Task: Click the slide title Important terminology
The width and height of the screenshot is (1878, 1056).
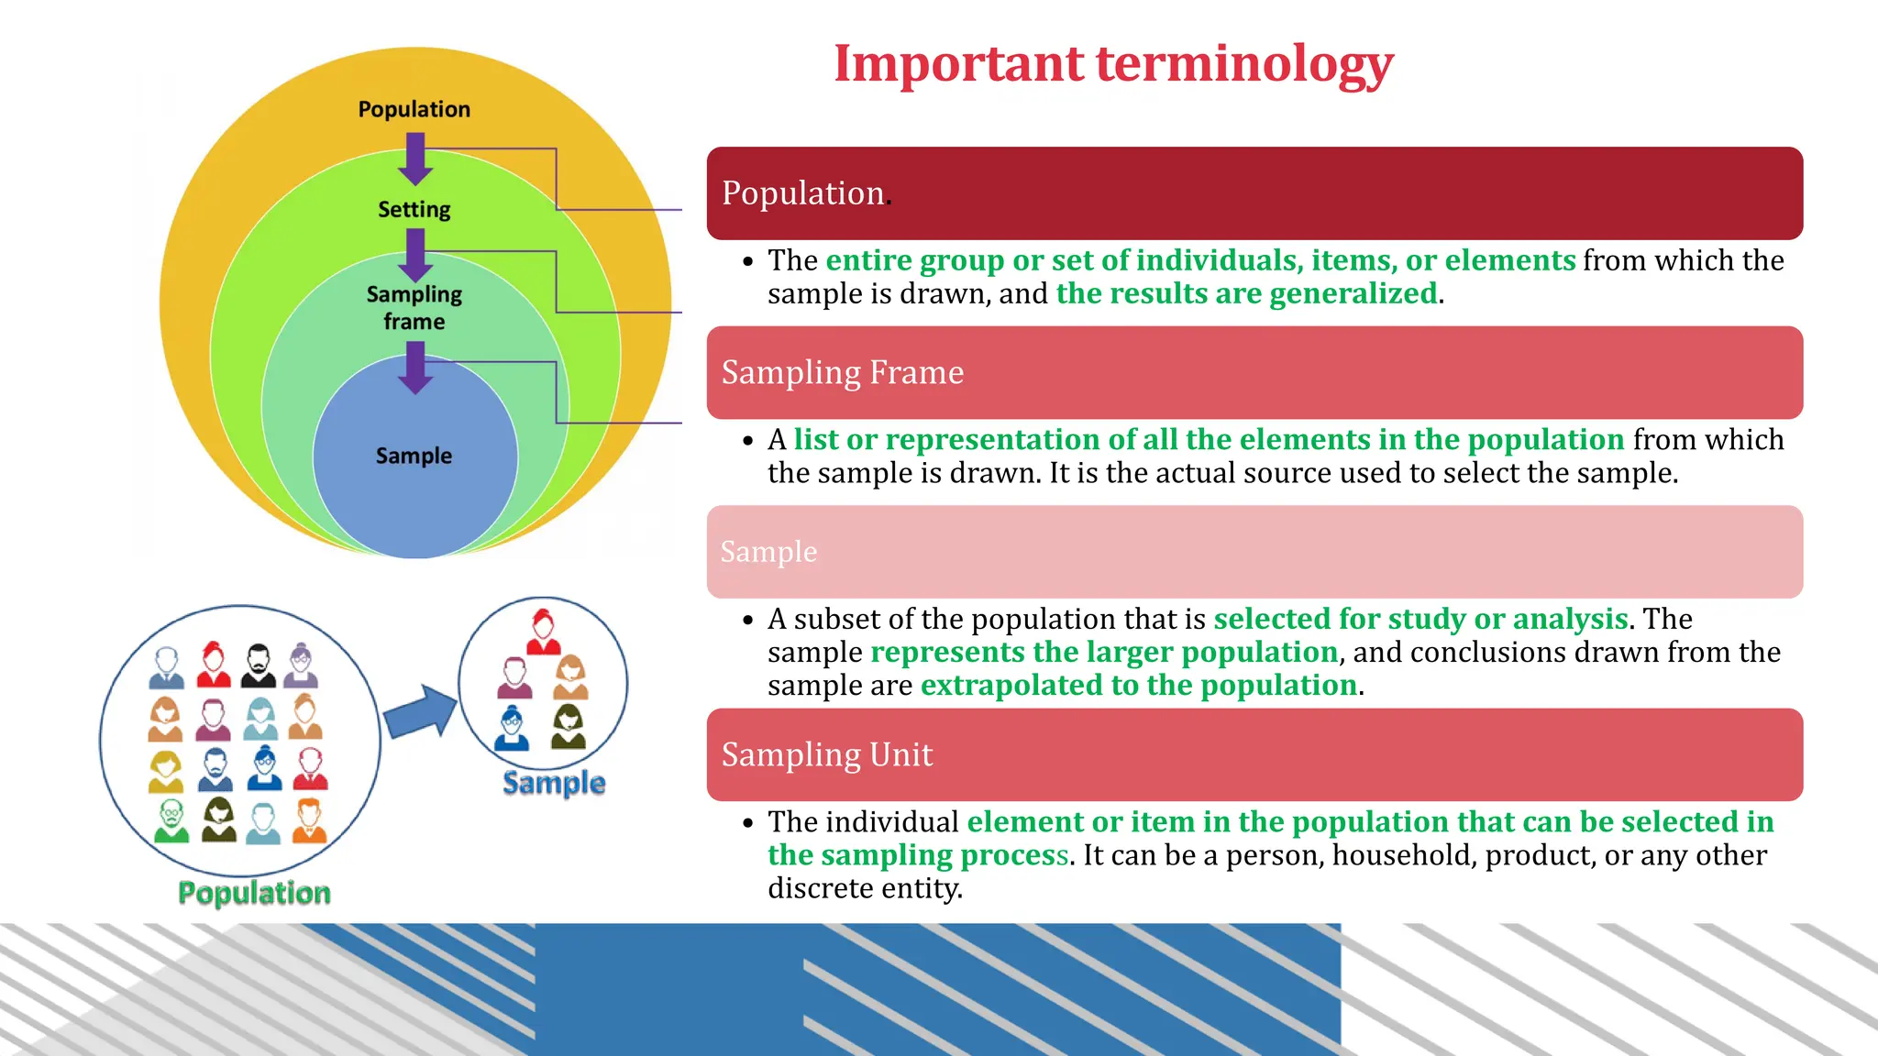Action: coord(1112,64)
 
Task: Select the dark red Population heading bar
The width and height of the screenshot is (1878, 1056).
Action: coord(1254,193)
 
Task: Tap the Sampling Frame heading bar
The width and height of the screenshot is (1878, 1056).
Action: coord(1254,373)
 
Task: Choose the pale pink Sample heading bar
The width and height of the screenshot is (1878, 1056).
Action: coord(1254,552)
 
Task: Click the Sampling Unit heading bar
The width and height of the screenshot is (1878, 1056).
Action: coord(1254,754)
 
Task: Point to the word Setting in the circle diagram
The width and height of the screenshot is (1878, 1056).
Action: coord(414,210)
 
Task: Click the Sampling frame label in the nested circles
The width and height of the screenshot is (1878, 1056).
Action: coord(414,308)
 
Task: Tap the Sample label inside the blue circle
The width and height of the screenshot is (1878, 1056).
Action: coord(414,456)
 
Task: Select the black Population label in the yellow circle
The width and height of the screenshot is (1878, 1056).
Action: coord(414,109)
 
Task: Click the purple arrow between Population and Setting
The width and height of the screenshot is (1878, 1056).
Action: coord(415,159)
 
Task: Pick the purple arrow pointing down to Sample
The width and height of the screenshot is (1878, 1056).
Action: coord(415,368)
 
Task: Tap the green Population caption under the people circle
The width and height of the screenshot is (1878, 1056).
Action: coord(254,893)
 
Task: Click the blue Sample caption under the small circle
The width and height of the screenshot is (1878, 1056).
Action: coord(554,783)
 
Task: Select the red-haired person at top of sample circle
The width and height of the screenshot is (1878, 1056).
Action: coord(543,632)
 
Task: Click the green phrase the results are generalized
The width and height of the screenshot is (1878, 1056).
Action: coord(1246,293)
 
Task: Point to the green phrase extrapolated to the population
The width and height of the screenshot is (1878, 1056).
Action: coord(1138,686)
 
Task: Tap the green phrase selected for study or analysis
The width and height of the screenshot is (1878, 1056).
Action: coord(1420,619)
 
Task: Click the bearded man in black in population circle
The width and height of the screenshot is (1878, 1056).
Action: coord(259,666)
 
